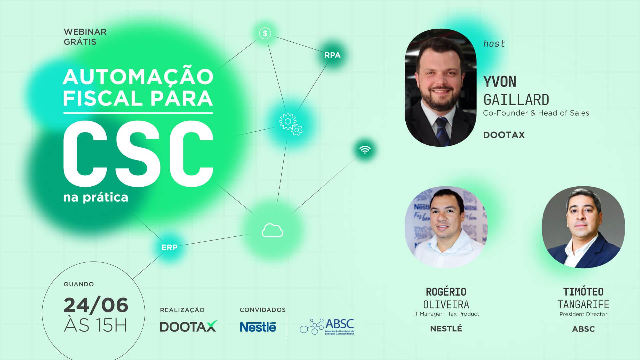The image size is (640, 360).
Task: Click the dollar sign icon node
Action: [265, 33]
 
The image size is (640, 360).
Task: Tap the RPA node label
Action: [332, 55]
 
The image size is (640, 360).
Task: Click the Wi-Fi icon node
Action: [365, 150]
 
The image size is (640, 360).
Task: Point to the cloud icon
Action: [272, 230]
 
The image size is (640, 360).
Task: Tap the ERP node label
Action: [169, 248]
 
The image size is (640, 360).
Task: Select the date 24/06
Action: [96, 305]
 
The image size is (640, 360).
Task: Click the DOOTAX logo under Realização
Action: [188, 326]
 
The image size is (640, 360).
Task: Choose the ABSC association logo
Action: [327, 327]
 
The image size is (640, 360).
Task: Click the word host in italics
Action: [494, 44]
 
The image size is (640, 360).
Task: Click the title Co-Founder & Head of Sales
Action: [536, 113]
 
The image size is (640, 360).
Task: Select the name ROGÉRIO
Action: [446, 292]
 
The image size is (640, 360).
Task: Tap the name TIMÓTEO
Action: [583, 292]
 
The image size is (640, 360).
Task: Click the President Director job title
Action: [583, 314]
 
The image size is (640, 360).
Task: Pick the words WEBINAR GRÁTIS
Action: [85, 37]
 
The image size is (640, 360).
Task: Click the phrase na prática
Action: [96, 197]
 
